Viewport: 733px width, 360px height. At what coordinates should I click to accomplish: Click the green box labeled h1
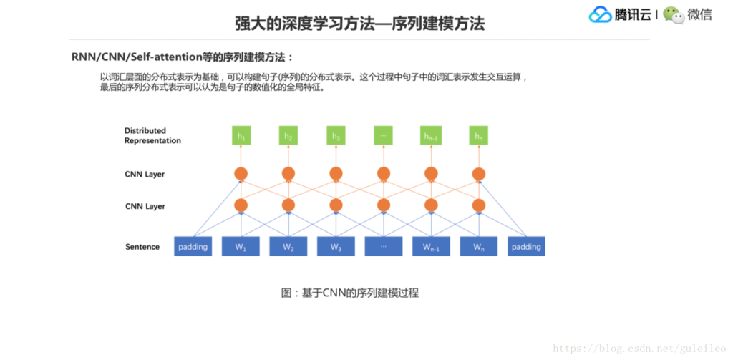coord(241,136)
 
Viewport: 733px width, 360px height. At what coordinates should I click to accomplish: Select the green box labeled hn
coord(478,136)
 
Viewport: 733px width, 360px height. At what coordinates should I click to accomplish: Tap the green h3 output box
coord(336,136)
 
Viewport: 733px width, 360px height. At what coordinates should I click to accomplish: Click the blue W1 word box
coord(241,247)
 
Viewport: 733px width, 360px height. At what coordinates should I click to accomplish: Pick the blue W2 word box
coord(288,247)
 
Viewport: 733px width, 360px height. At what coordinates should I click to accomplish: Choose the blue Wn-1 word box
coord(431,247)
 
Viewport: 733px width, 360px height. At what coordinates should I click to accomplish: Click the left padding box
coord(193,247)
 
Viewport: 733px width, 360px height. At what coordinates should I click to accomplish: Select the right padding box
coord(526,247)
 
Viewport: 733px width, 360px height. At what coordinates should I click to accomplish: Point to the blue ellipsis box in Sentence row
coord(383,247)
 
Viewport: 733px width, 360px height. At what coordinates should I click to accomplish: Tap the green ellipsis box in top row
coord(383,136)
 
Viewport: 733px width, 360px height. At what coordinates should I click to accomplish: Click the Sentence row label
coord(142,247)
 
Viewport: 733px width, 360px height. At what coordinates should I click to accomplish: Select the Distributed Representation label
coord(152,136)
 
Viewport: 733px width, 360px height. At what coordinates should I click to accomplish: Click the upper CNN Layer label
coord(145,174)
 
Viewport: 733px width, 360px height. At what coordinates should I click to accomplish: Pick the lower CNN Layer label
coord(145,206)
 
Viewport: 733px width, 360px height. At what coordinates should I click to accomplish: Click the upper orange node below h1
coord(241,174)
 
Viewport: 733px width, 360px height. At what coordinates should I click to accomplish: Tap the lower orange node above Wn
coord(478,205)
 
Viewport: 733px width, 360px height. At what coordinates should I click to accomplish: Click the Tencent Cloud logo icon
coord(600,14)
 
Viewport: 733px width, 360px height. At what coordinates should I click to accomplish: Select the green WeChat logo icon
coord(673,14)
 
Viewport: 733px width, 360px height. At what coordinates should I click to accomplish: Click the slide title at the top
coord(359,24)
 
